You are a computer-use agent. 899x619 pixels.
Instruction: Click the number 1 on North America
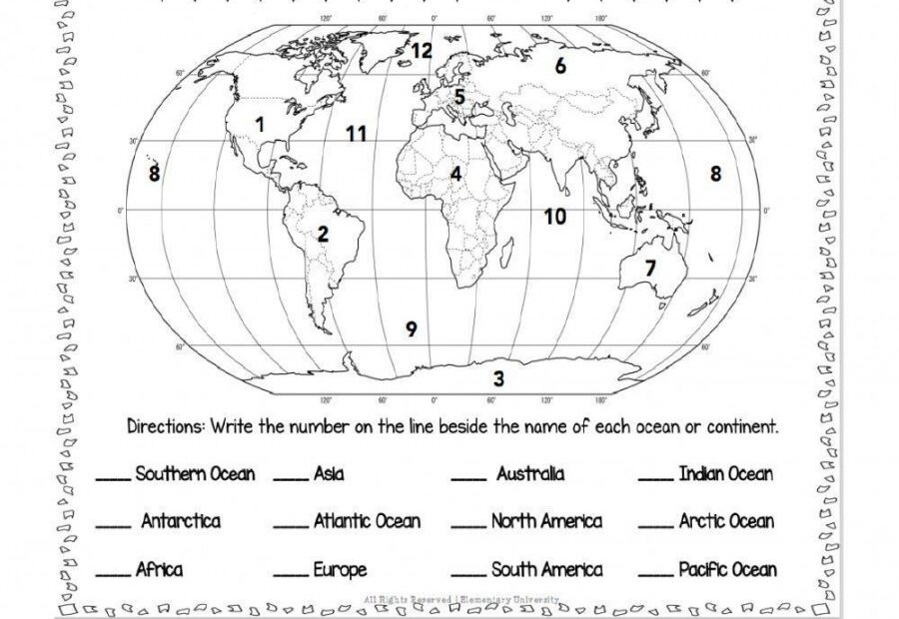(x=260, y=125)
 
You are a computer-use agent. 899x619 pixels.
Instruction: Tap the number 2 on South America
(x=323, y=235)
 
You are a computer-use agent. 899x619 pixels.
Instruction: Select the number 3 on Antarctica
(x=498, y=378)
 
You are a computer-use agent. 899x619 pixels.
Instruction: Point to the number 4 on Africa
(x=455, y=174)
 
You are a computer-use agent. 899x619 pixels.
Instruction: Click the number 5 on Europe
(x=459, y=97)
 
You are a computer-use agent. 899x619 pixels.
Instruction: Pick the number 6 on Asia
(x=560, y=66)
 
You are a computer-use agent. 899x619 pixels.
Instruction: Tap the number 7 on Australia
(x=650, y=268)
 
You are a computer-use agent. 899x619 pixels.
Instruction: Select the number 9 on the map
(x=411, y=328)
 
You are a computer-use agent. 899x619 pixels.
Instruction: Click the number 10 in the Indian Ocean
(x=555, y=216)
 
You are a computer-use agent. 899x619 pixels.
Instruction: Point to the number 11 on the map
(x=357, y=133)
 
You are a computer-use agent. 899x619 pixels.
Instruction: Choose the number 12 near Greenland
(x=421, y=49)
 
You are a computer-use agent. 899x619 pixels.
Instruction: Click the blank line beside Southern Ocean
(x=113, y=481)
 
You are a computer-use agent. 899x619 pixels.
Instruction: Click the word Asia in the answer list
(x=329, y=474)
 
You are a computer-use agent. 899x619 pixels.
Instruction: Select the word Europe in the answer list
(x=340, y=570)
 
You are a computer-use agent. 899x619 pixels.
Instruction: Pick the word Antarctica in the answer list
(x=181, y=521)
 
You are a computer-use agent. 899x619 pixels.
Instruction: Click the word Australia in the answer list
(x=530, y=474)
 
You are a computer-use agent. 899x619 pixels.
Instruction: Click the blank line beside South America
(x=468, y=577)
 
